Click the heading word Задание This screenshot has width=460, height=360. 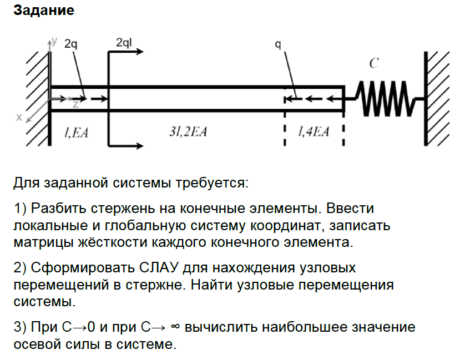pyautogui.click(x=43, y=11)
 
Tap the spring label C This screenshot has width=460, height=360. pyautogui.click(x=374, y=64)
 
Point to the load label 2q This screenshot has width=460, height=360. pyautogui.click(x=70, y=44)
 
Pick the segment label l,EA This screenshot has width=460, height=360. pyautogui.click(x=77, y=132)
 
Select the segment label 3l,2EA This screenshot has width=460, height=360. pyautogui.click(x=188, y=132)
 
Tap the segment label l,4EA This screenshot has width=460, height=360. pyautogui.click(x=314, y=132)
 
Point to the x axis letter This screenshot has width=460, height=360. pyautogui.click(x=19, y=118)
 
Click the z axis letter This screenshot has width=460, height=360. pyautogui.click(x=74, y=104)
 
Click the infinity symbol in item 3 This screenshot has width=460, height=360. pyautogui.click(x=175, y=327)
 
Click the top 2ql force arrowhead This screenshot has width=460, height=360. pyautogui.click(x=141, y=52)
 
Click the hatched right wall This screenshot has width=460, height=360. pyautogui.click(x=438, y=98)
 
